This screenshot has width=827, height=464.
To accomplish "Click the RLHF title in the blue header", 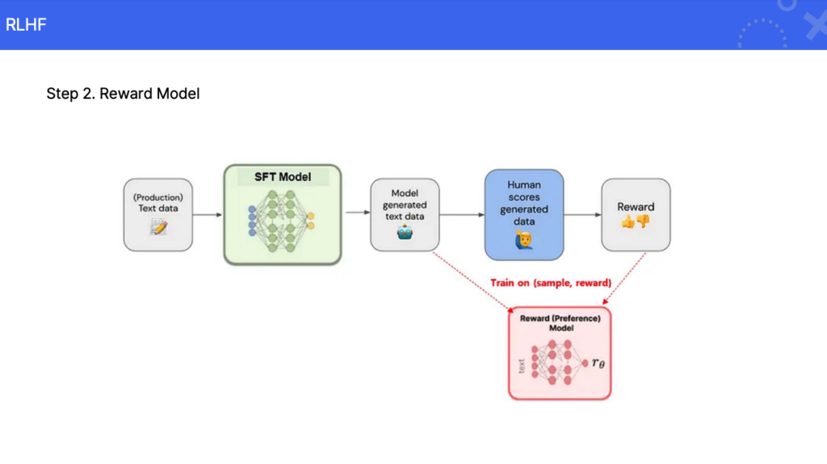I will coord(26,24).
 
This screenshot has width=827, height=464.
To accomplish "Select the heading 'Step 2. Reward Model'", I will coord(123,94).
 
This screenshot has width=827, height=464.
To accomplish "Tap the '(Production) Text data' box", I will coord(157,214).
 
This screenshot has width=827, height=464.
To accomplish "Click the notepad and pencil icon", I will coord(158,228).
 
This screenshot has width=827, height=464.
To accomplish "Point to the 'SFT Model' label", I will coord(283,177).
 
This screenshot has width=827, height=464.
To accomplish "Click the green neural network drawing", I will coord(282,221).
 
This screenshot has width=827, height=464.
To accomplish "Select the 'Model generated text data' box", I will coord(405,214).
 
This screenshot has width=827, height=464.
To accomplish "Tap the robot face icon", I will coord(405,232).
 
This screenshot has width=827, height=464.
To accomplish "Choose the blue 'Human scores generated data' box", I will coord(523,213).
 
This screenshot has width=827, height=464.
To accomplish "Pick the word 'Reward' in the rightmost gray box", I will coord(636,206).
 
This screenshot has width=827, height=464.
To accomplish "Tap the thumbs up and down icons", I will coord(636,221).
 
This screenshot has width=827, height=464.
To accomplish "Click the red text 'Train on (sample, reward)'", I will coord(551,283).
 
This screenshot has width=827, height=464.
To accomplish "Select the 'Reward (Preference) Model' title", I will coord(560,323).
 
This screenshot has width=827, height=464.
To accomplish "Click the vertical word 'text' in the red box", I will coord(521,365).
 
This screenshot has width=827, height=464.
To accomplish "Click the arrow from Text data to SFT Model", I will coord(208,214).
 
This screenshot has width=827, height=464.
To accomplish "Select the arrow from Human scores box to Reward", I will coord(582,214).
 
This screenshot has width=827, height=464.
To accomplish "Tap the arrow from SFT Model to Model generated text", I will coord(356,213).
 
